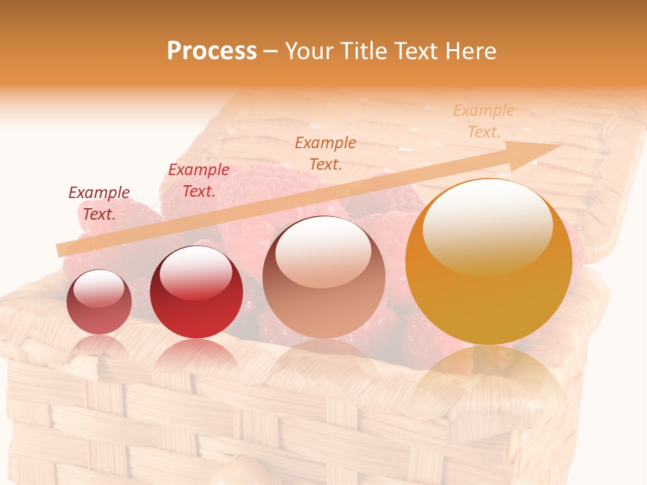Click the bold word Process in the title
click(x=212, y=51)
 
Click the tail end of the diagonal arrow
click(x=62, y=250)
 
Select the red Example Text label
click(x=198, y=181)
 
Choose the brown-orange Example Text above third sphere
click(x=326, y=153)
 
